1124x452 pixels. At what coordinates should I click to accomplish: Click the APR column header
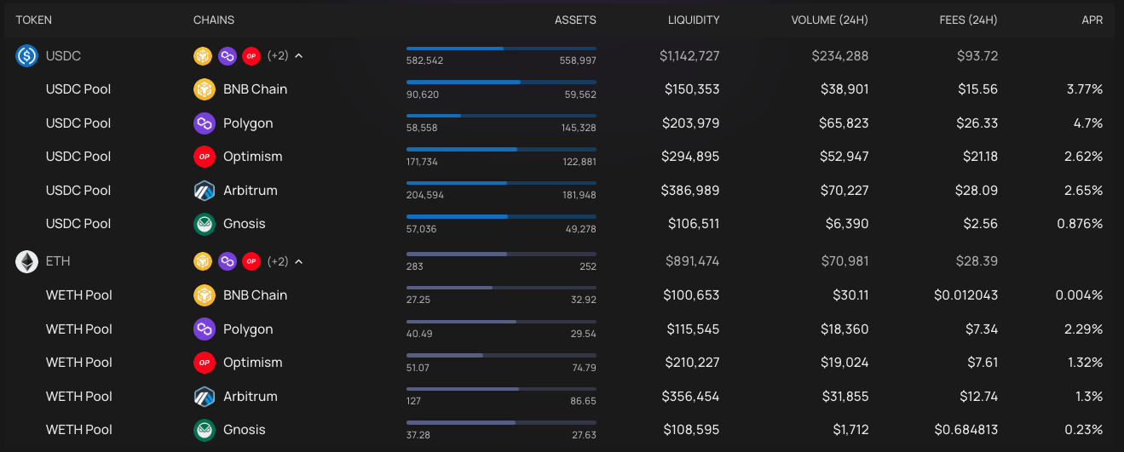(x=1092, y=20)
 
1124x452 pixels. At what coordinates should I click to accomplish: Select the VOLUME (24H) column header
(x=830, y=20)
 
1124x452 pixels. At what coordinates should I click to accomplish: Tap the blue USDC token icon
(x=26, y=56)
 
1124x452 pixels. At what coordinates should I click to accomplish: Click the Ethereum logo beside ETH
(x=26, y=262)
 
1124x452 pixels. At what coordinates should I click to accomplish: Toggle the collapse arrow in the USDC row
(x=299, y=56)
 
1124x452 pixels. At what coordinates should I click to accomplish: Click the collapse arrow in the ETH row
(x=299, y=262)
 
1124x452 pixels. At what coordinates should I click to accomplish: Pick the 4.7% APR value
(x=1088, y=123)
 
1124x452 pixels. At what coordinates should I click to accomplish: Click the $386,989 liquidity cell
(x=690, y=191)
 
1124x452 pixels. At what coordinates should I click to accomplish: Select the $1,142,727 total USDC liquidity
(x=689, y=56)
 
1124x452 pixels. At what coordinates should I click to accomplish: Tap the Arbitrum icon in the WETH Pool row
(x=205, y=397)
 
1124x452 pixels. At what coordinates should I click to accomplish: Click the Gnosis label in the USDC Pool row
(x=244, y=224)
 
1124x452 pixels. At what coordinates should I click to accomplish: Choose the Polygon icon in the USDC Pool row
(x=205, y=123)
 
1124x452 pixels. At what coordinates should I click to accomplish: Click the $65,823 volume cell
(x=844, y=123)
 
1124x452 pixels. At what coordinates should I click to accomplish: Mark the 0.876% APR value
(x=1080, y=224)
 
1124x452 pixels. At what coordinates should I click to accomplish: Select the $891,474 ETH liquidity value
(x=691, y=261)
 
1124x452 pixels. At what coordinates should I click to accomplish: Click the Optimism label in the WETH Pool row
(x=252, y=363)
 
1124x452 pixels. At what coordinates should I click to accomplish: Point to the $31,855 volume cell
(x=844, y=397)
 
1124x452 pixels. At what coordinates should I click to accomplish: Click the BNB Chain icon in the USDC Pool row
(x=205, y=89)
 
